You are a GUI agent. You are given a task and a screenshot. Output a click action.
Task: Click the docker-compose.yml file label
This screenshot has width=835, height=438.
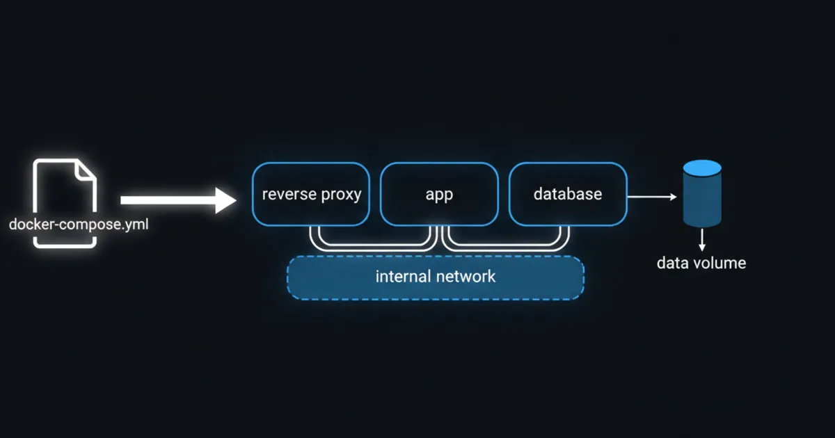coord(78,225)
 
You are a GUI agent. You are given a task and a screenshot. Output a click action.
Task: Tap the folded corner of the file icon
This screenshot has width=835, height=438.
coord(87,171)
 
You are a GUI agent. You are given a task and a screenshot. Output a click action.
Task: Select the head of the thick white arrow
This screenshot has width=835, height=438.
coord(227,200)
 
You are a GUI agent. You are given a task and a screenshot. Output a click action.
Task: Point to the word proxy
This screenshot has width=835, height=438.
coord(340,195)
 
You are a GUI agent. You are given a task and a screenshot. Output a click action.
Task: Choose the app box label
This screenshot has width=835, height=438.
coord(439,195)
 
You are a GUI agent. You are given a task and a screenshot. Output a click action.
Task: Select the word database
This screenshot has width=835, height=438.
coord(568,194)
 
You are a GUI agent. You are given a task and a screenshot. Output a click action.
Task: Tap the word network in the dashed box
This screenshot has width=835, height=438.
coord(466,277)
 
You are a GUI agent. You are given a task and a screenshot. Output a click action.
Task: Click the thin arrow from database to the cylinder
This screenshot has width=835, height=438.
coord(651,197)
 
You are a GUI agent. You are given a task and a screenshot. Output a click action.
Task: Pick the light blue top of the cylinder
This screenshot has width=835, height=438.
coord(702,168)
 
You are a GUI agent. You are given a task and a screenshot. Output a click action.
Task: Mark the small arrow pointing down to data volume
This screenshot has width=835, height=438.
coord(702,241)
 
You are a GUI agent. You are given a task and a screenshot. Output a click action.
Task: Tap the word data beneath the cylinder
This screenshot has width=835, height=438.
coord(672,263)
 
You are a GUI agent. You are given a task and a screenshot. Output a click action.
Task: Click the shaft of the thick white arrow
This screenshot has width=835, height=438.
coord(167,200)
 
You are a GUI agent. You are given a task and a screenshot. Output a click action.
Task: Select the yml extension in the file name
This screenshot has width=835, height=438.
coord(136,225)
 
